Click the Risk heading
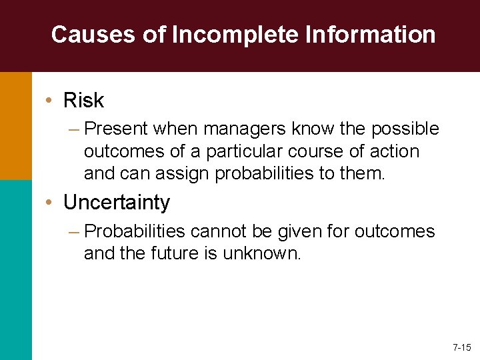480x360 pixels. click(x=83, y=101)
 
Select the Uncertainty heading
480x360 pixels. click(x=117, y=202)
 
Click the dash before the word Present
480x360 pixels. click(x=75, y=128)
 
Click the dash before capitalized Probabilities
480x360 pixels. click(x=75, y=232)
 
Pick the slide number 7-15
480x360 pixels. click(x=461, y=347)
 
